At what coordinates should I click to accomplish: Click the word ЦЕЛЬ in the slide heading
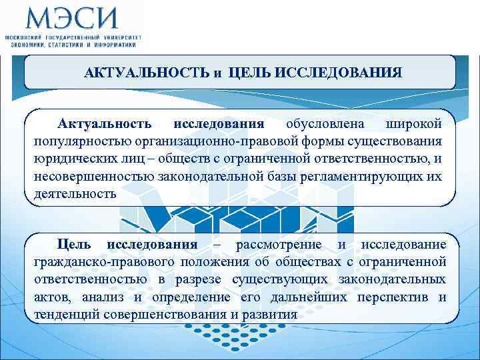tap(250, 72)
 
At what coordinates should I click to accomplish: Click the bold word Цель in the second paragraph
tap(72, 245)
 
